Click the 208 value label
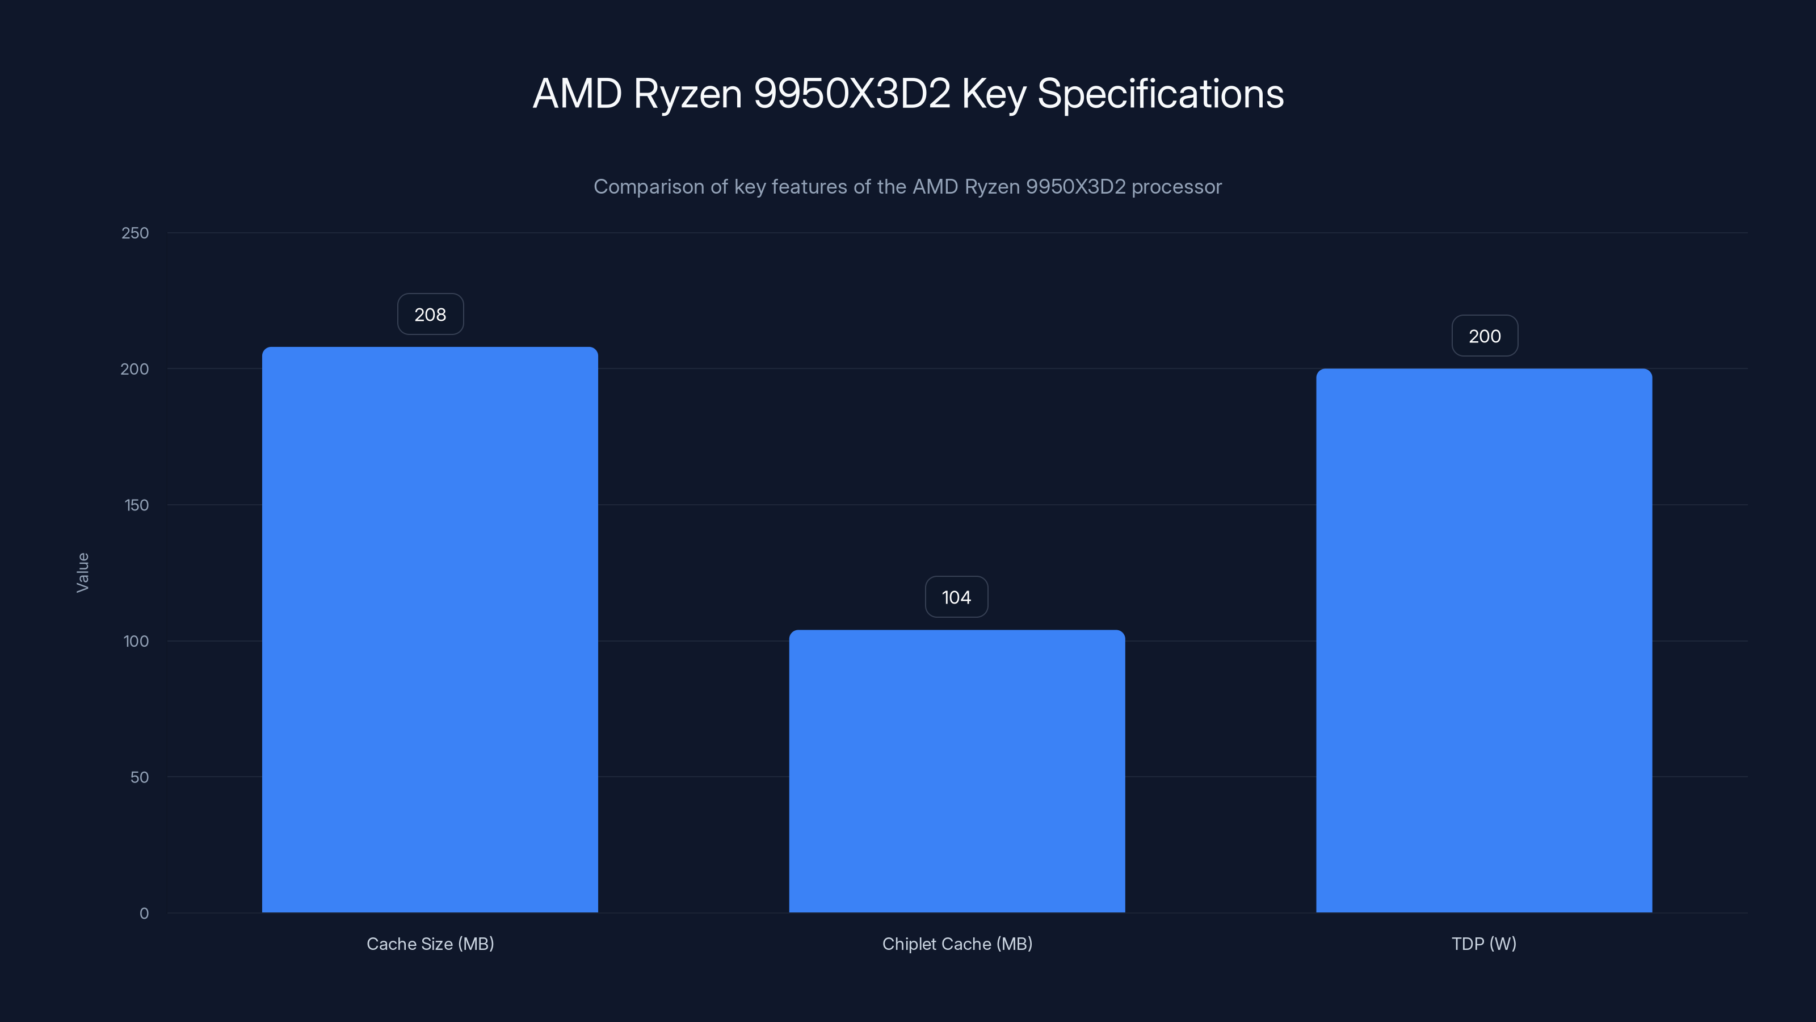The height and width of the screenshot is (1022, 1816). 430,315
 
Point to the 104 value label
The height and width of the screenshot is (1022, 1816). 957,597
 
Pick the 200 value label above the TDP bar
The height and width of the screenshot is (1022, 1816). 1485,337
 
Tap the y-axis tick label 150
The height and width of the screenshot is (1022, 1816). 136,505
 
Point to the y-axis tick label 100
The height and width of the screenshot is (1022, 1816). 136,641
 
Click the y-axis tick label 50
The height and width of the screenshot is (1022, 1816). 140,777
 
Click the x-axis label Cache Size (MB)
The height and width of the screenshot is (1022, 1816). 430,944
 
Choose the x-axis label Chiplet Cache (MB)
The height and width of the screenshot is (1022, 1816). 957,944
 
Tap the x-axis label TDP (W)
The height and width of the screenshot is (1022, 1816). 1484,944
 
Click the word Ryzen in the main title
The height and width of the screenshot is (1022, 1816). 687,94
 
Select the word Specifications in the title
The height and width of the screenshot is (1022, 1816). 1161,94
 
